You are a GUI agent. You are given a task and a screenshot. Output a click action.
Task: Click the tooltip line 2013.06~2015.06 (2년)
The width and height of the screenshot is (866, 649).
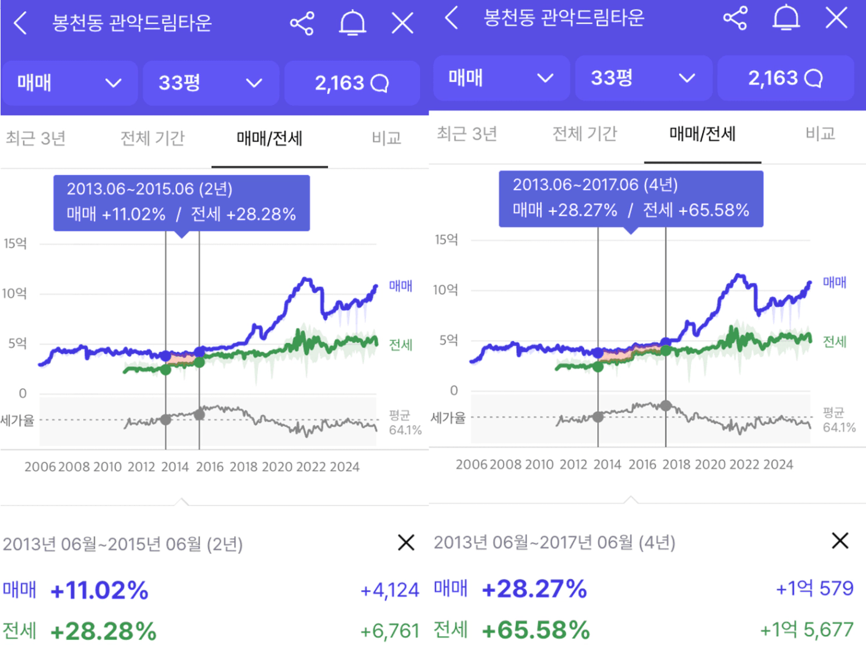(x=149, y=189)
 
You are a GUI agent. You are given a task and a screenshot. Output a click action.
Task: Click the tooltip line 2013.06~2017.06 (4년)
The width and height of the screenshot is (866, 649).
(x=595, y=185)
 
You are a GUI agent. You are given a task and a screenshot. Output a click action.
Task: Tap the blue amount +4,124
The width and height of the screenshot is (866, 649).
(x=389, y=590)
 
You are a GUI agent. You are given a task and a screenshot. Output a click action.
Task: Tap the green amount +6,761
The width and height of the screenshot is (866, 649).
(x=389, y=631)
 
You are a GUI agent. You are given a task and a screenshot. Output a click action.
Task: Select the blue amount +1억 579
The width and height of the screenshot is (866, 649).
(x=814, y=588)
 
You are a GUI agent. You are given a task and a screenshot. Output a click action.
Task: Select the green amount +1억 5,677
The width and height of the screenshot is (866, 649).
(x=806, y=629)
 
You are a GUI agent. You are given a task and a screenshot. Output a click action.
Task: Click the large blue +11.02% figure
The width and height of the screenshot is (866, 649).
(x=99, y=591)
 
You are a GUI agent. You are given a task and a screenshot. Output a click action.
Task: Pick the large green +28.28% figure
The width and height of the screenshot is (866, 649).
(x=103, y=631)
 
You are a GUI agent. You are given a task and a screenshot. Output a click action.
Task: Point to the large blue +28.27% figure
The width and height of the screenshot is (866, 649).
(x=534, y=589)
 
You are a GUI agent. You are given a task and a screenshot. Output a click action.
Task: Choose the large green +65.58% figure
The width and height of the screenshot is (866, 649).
(x=536, y=630)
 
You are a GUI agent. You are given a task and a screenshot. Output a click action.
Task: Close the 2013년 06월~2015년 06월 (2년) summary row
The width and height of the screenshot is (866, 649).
(x=406, y=543)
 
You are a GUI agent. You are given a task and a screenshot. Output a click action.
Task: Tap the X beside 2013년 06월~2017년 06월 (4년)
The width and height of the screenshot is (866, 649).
(x=840, y=541)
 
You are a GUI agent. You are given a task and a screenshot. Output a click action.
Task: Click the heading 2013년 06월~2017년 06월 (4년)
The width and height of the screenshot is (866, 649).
(x=555, y=543)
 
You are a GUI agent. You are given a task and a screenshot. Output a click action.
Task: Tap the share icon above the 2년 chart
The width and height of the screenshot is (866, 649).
(x=302, y=23)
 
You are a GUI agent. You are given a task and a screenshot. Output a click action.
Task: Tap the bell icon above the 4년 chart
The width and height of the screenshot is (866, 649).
(x=786, y=18)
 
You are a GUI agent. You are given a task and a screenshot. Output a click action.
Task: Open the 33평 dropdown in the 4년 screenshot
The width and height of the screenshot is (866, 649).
(x=643, y=78)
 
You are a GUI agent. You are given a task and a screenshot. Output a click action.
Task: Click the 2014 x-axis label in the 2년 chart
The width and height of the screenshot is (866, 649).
(x=175, y=467)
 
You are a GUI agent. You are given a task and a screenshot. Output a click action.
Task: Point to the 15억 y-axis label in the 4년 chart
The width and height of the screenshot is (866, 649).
(x=447, y=239)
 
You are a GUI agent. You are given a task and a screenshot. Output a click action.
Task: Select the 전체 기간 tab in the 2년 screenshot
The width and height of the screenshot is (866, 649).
(x=152, y=138)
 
